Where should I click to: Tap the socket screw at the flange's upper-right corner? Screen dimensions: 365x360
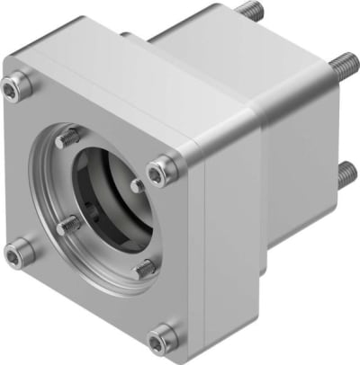[x=162, y=167]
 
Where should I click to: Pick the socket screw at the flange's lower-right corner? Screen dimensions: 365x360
[x=163, y=337]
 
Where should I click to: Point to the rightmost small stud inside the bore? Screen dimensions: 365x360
[x=137, y=185]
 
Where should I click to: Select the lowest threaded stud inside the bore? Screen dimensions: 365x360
[x=144, y=267]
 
